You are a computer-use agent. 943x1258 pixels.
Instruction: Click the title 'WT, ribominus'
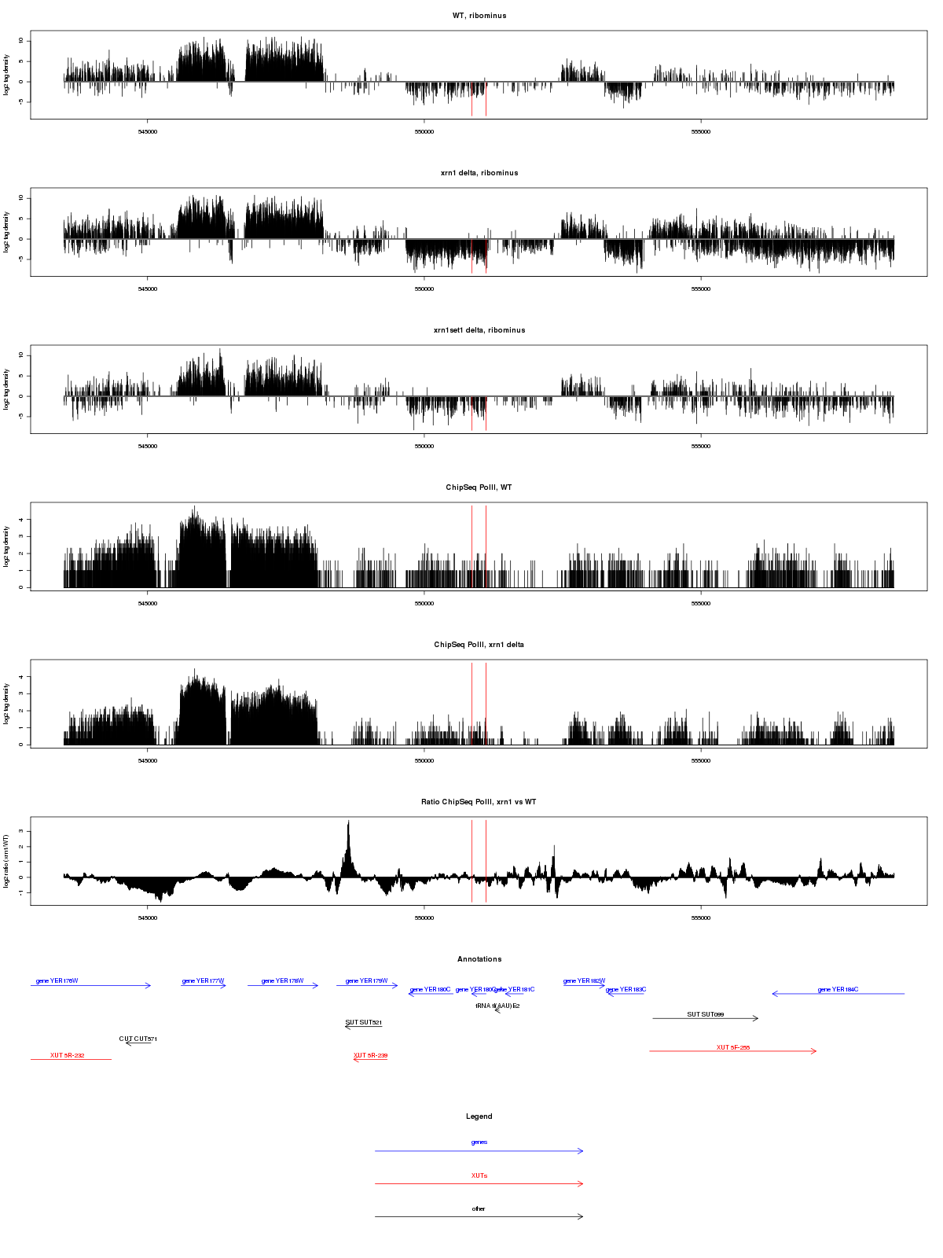479,16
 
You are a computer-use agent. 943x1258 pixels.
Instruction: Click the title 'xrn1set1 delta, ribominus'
479,330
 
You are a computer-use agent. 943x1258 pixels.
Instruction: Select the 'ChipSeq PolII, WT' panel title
479,487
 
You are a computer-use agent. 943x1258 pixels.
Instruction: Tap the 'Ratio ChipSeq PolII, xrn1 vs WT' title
479,802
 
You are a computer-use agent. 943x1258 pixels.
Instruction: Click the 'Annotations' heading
479,959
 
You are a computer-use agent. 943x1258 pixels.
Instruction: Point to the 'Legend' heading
479,1116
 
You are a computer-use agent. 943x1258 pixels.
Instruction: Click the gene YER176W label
57,981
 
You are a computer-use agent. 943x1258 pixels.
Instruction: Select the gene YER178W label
282,981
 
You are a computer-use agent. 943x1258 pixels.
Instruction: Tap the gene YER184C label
838,990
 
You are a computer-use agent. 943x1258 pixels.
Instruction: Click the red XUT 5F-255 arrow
733,1051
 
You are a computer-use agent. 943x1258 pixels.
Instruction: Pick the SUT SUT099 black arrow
705,1018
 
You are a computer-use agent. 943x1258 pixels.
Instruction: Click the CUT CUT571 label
138,1039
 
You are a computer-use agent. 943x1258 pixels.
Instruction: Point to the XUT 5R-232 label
68,1055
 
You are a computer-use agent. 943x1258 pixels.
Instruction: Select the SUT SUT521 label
364,1022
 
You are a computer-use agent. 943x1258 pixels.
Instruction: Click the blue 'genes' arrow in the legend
479,1151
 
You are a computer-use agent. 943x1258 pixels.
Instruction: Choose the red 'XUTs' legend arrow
479,1183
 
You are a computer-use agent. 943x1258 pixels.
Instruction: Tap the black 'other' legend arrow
479,1216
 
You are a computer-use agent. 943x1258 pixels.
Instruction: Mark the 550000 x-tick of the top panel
424,132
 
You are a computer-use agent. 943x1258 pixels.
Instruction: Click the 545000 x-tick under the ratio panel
147,918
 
